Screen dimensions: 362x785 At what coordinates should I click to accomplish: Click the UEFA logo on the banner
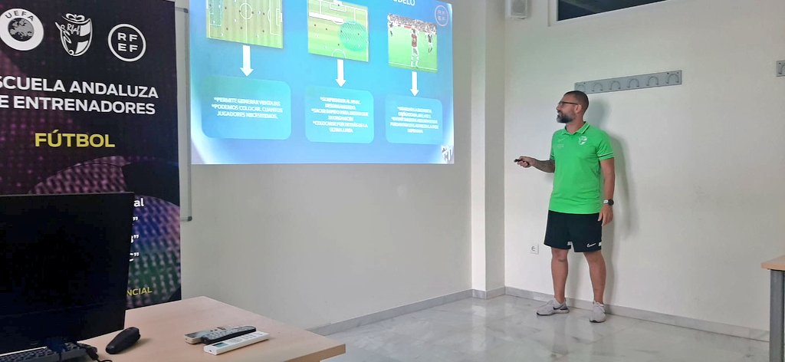21,29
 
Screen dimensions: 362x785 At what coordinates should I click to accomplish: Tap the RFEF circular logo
126,42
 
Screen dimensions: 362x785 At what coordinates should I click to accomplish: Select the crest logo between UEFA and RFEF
74,35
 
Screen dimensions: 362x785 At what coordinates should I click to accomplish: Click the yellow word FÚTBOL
74,140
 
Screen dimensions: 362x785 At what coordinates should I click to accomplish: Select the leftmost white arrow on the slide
246,61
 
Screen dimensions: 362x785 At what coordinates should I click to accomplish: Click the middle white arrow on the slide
340,72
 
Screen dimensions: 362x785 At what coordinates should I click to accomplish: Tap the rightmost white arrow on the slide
414,83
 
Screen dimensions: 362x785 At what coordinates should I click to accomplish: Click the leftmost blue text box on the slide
246,107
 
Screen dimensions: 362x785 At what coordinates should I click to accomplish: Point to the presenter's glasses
568,104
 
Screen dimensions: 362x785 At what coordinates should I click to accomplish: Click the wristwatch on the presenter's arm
608,202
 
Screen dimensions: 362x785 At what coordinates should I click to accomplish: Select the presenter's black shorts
573,231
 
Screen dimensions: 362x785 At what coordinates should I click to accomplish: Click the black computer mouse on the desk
123,339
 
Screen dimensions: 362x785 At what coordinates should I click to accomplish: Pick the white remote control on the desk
237,341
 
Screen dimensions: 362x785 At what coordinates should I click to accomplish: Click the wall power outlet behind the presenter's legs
534,248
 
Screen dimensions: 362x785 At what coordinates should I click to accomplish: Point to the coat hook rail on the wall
628,80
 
